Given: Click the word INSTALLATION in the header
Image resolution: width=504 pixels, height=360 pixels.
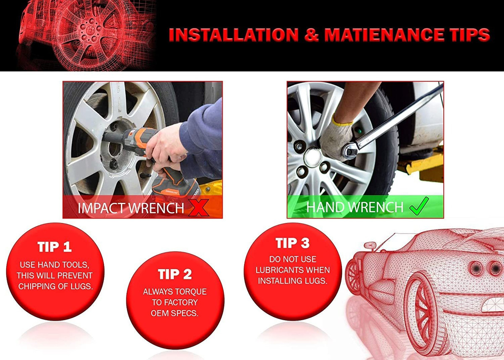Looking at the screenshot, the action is click(x=234, y=35).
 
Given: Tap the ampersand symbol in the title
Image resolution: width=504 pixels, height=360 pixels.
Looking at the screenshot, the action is click(x=311, y=35).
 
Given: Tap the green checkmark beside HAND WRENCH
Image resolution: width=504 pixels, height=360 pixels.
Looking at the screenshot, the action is click(x=419, y=206).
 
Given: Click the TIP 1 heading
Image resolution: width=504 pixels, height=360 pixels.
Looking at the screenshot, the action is click(x=55, y=247).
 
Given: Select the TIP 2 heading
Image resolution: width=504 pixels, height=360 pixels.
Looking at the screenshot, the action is click(x=175, y=274).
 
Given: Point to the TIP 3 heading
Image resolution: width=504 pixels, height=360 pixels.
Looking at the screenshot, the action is click(x=292, y=243).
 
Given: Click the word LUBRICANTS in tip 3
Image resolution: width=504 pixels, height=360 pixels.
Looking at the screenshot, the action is click(x=280, y=270).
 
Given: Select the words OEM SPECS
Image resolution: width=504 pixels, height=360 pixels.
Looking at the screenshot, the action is click(x=175, y=313).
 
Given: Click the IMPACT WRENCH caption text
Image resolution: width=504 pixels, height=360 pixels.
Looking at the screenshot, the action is click(x=131, y=208).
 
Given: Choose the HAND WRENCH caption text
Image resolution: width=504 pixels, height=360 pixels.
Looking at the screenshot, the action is click(x=355, y=207).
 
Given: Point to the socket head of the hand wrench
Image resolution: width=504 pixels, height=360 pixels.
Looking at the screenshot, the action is click(x=350, y=151).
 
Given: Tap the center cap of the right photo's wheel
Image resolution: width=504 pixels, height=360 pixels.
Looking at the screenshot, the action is click(x=313, y=157).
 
